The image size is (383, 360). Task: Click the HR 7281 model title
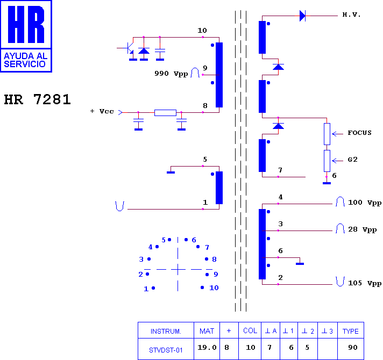point(37,99)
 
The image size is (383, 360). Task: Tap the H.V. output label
point(351,15)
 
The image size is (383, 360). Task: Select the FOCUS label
point(359,133)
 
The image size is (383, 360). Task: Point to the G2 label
point(352,160)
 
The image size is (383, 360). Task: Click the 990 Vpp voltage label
point(171,74)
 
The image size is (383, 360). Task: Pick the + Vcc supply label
point(102,111)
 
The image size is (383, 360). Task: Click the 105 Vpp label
point(364,283)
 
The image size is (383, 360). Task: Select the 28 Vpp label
point(362,229)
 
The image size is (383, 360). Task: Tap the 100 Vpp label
point(364,203)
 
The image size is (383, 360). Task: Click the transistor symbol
point(129,48)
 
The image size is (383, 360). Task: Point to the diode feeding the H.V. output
point(303,16)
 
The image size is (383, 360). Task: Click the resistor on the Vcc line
point(165,113)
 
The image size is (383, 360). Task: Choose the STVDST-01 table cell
point(166,350)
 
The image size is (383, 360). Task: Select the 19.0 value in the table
point(207,347)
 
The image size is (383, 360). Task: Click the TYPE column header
point(351,331)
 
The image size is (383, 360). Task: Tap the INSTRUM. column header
point(166,332)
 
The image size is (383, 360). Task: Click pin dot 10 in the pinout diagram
point(202,287)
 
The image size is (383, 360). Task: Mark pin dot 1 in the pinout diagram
point(153,288)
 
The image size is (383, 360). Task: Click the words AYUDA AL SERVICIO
point(26,60)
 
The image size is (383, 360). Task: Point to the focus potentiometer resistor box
point(327,134)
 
